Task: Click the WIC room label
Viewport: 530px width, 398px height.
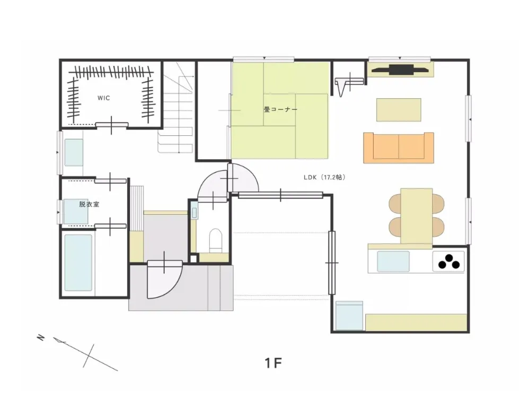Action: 104,98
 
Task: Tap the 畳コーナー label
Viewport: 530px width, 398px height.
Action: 280,110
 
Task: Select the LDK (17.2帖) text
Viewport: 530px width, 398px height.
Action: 324,177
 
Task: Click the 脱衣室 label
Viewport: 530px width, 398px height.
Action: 89,204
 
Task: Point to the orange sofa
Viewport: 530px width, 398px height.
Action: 399,148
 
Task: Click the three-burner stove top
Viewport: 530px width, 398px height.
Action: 448,262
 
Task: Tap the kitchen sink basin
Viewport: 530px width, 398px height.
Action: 393,261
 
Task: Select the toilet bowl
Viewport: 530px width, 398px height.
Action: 216,240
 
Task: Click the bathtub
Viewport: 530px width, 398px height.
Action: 78,263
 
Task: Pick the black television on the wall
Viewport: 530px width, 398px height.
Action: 401,70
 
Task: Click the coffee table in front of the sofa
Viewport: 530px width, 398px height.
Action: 399,110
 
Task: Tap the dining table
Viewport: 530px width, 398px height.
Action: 417,216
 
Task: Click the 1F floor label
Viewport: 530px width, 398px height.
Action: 273,363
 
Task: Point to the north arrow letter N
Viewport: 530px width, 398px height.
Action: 41,338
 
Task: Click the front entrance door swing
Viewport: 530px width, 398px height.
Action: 165,280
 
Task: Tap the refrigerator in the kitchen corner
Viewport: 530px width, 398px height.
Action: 349,315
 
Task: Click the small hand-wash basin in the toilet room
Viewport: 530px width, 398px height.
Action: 194,213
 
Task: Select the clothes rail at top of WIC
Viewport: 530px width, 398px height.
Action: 111,72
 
